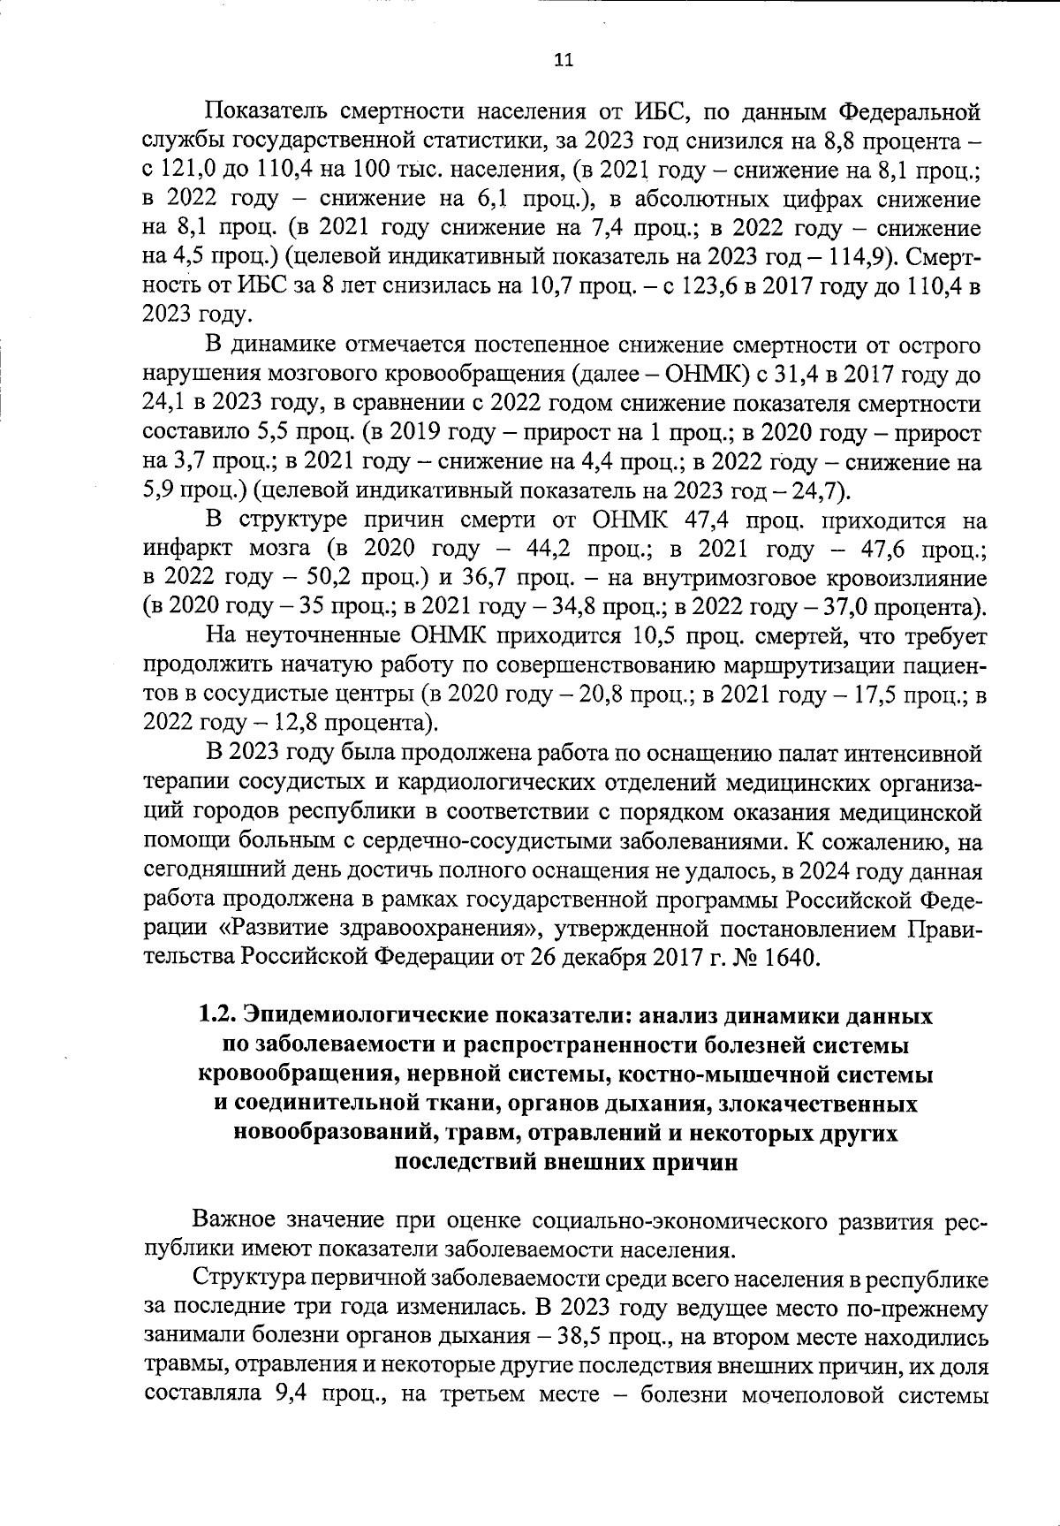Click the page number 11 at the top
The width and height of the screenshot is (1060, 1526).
coord(563,60)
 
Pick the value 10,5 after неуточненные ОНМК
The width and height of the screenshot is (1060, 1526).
coord(657,636)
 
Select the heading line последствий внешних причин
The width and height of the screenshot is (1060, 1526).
coord(564,1162)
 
